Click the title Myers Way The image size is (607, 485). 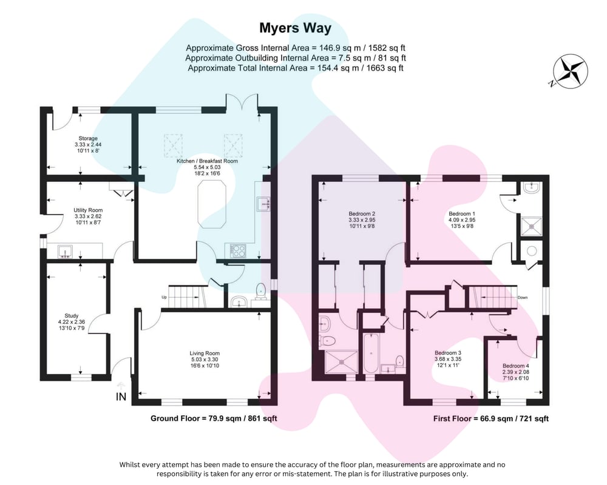pos(295,28)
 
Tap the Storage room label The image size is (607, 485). pos(88,138)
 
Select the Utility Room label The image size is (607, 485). pos(88,210)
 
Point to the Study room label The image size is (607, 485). pos(72,316)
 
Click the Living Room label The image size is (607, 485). pos(205,353)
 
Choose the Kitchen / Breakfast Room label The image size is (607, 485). pos(207,161)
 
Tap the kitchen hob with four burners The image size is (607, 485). pos(237,250)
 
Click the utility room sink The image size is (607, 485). pos(66,252)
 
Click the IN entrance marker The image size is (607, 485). pos(121,397)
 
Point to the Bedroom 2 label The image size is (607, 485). pos(362,213)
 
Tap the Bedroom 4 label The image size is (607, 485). pos(516,366)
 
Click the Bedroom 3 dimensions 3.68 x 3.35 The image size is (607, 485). pos(448,359)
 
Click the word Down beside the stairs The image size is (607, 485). pos(523,298)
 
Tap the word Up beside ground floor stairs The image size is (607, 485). pos(164,298)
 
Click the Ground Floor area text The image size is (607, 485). pos(214,418)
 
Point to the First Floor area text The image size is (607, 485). pos(491,418)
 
